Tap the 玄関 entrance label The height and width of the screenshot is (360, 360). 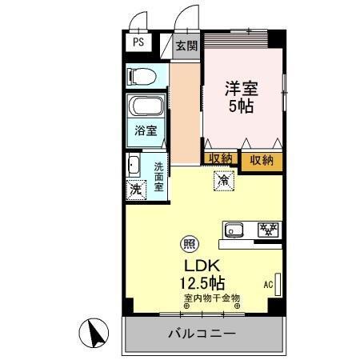pyautogui.click(x=186, y=46)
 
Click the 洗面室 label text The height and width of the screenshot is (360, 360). pyautogui.click(x=159, y=176)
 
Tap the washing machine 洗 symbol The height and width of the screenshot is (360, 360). pyautogui.click(x=135, y=190)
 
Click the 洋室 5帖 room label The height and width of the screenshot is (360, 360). pyautogui.click(x=239, y=98)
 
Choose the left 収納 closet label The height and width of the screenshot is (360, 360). pyautogui.click(x=220, y=159)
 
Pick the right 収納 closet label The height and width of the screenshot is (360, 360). pyautogui.click(x=262, y=159)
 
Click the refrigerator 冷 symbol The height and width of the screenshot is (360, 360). pyautogui.click(x=224, y=182)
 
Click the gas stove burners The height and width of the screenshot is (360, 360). pyautogui.click(x=267, y=230)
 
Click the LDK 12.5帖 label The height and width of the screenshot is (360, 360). pyautogui.click(x=202, y=272)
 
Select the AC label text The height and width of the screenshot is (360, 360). pyautogui.click(x=267, y=283)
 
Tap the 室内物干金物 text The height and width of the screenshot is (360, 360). pyautogui.click(x=212, y=298)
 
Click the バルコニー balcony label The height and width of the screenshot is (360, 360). pyautogui.click(x=202, y=333)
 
